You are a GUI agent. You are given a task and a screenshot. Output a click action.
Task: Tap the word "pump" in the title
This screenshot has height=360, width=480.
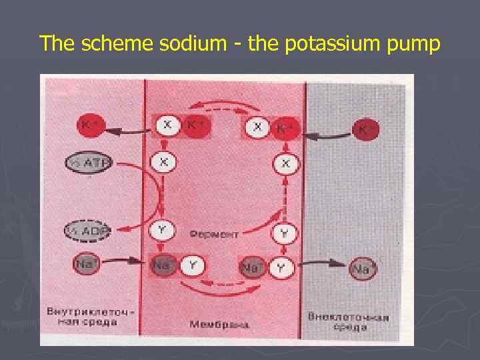click(x=419, y=45)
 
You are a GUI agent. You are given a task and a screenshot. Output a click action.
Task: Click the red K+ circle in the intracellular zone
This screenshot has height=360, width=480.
click(x=87, y=125)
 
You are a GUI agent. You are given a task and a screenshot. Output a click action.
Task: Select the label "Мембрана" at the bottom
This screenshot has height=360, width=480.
click(x=219, y=325)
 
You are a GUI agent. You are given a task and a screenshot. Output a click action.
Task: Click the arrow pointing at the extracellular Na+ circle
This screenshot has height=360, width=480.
click(x=322, y=269)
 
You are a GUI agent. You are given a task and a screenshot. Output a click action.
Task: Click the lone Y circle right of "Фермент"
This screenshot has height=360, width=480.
click(x=283, y=234)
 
